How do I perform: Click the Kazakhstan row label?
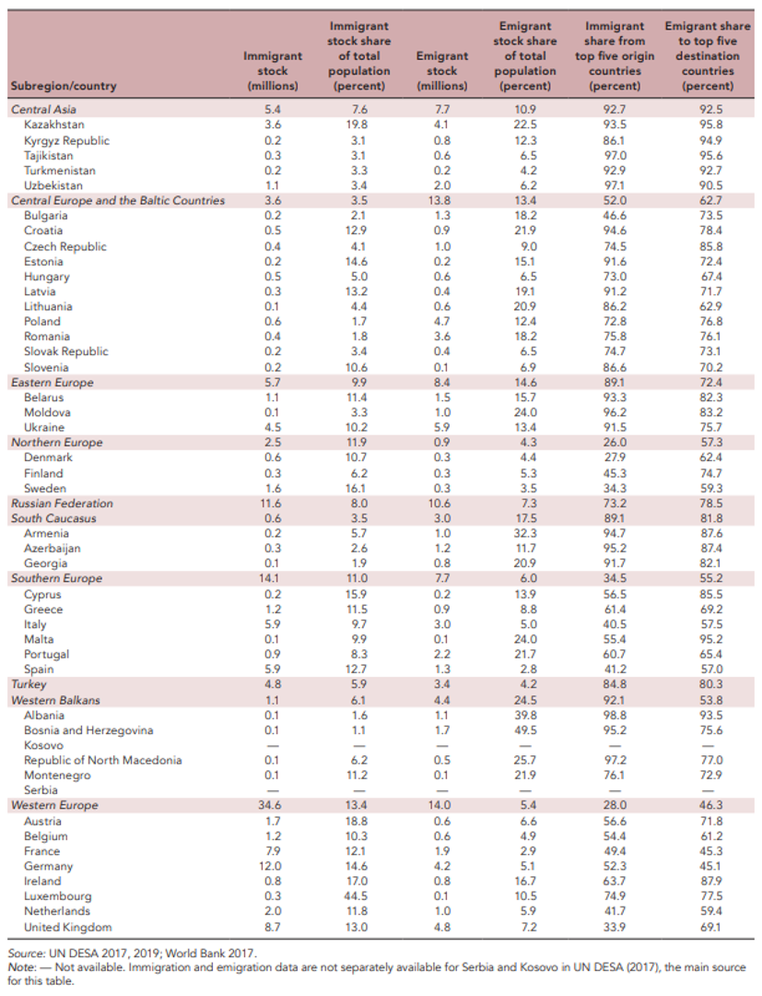click(x=53, y=125)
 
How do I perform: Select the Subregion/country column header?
click(x=64, y=87)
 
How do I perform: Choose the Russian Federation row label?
click(x=62, y=504)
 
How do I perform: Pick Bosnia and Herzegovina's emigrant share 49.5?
click(x=523, y=730)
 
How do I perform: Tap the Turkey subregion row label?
click(x=29, y=684)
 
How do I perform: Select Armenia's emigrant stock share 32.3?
click(x=523, y=533)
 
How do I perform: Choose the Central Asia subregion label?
click(x=42, y=110)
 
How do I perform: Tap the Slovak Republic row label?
click(x=65, y=351)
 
